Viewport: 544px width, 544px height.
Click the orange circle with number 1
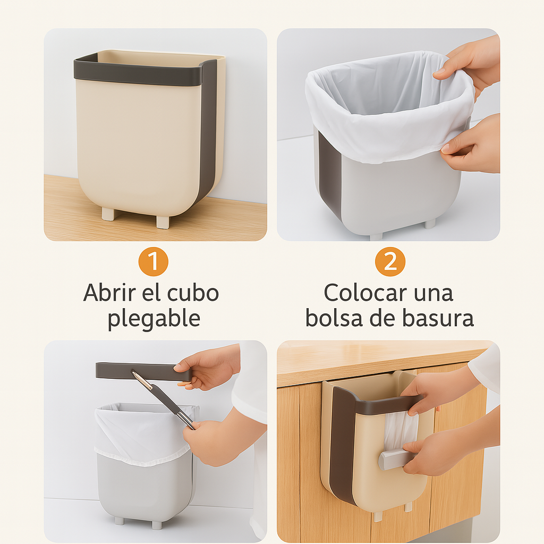pos(154,261)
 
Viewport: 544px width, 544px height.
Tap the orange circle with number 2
pos(390,261)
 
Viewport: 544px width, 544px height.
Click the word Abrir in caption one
pos(109,293)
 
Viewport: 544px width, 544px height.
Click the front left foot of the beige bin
pos(108,214)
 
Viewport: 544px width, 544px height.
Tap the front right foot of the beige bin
pos(163,222)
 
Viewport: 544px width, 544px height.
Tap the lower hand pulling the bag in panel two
pos(472,146)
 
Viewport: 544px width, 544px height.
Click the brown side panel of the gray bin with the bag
pos(329,174)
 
